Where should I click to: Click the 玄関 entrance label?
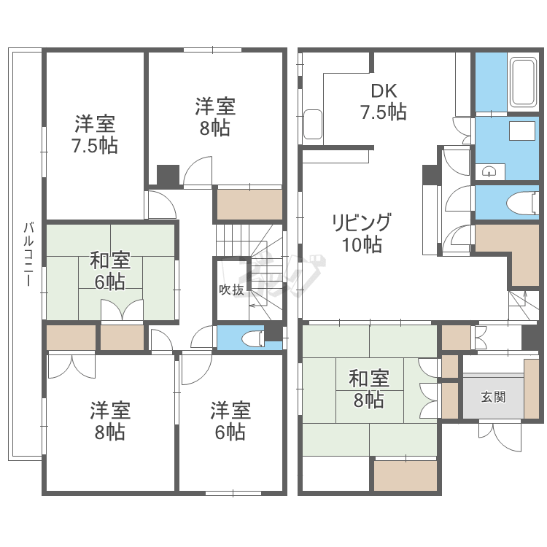click(x=493, y=397)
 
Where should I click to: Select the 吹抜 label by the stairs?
click(x=231, y=290)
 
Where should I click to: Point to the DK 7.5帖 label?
click(x=383, y=101)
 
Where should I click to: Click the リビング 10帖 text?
click(x=362, y=233)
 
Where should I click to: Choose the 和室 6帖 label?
click(x=110, y=270)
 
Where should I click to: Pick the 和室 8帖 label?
click(x=368, y=389)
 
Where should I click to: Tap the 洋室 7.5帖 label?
click(x=95, y=134)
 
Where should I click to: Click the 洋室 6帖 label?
click(x=230, y=421)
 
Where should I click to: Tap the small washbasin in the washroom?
click(x=490, y=171)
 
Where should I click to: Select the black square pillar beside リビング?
click(x=430, y=174)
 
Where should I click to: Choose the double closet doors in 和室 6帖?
click(x=122, y=312)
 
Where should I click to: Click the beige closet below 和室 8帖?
click(x=406, y=476)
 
